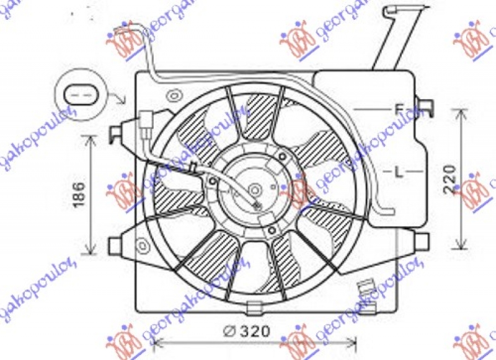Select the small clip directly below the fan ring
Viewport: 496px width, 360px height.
[x=254, y=307]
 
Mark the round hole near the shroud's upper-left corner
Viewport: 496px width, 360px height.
[x=174, y=95]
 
